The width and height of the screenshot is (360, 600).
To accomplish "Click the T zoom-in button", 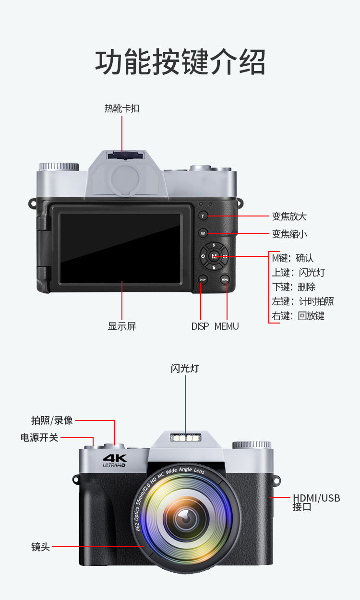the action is tap(203, 216).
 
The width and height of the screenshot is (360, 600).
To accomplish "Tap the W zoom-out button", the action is tap(203, 233).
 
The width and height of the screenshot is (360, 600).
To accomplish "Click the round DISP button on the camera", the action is tap(203, 279).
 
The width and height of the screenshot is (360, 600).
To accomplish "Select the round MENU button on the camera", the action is tap(225, 279).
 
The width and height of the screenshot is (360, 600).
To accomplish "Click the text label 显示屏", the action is tap(122, 326).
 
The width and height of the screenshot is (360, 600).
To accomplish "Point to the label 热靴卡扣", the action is tap(122, 108).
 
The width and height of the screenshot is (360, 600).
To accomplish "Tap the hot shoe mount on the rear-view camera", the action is tap(124, 156).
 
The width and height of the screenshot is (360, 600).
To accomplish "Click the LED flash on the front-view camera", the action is tap(185, 438).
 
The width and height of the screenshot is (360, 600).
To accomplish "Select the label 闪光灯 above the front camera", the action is tap(185, 369).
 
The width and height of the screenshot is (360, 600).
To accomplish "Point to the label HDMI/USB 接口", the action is tap(316, 503).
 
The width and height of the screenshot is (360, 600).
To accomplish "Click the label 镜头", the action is tap(41, 547).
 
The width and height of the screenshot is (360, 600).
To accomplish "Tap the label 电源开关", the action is tap(39, 438).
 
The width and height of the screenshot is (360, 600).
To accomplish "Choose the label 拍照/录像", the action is tap(52, 420).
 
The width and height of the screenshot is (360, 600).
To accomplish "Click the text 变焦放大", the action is tap(289, 216).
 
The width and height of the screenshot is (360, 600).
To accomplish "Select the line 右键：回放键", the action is tap(298, 316).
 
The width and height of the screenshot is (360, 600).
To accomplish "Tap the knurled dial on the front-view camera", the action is tap(252, 445).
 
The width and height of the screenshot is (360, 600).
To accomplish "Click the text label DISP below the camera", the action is tap(200, 326).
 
